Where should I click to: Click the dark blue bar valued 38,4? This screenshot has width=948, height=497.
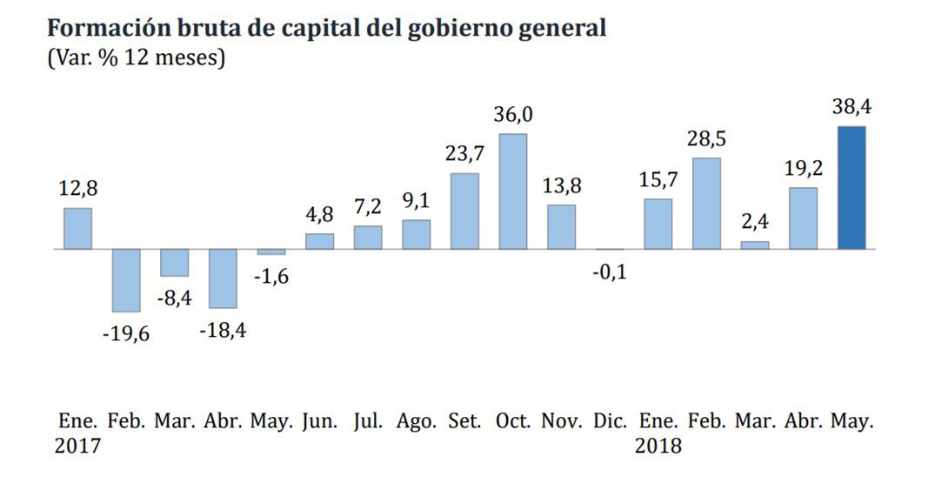click(851, 188)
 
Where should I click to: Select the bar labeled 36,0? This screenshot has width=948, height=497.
click(512, 191)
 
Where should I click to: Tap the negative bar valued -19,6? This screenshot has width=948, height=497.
click(126, 280)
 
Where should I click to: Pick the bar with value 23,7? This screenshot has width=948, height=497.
click(464, 212)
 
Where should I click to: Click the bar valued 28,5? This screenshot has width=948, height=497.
click(706, 204)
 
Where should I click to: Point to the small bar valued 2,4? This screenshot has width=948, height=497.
click(754, 245)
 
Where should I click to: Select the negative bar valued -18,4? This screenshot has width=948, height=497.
click(223, 279)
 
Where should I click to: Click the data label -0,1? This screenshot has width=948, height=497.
click(609, 272)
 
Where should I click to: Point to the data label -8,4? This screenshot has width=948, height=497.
click(174, 299)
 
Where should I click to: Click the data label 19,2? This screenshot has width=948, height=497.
click(803, 168)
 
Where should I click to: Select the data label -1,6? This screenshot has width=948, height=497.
click(270, 277)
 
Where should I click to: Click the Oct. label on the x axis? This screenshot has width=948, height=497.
click(513, 421)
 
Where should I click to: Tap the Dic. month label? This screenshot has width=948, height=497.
click(610, 421)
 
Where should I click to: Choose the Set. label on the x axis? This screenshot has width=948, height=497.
click(464, 421)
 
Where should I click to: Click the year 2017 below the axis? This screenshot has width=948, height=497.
click(77, 447)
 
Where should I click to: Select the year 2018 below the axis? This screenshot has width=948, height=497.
click(658, 447)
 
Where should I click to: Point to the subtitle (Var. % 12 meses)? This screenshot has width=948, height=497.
click(136, 59)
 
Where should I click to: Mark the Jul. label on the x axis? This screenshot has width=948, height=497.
click(368, 421)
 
